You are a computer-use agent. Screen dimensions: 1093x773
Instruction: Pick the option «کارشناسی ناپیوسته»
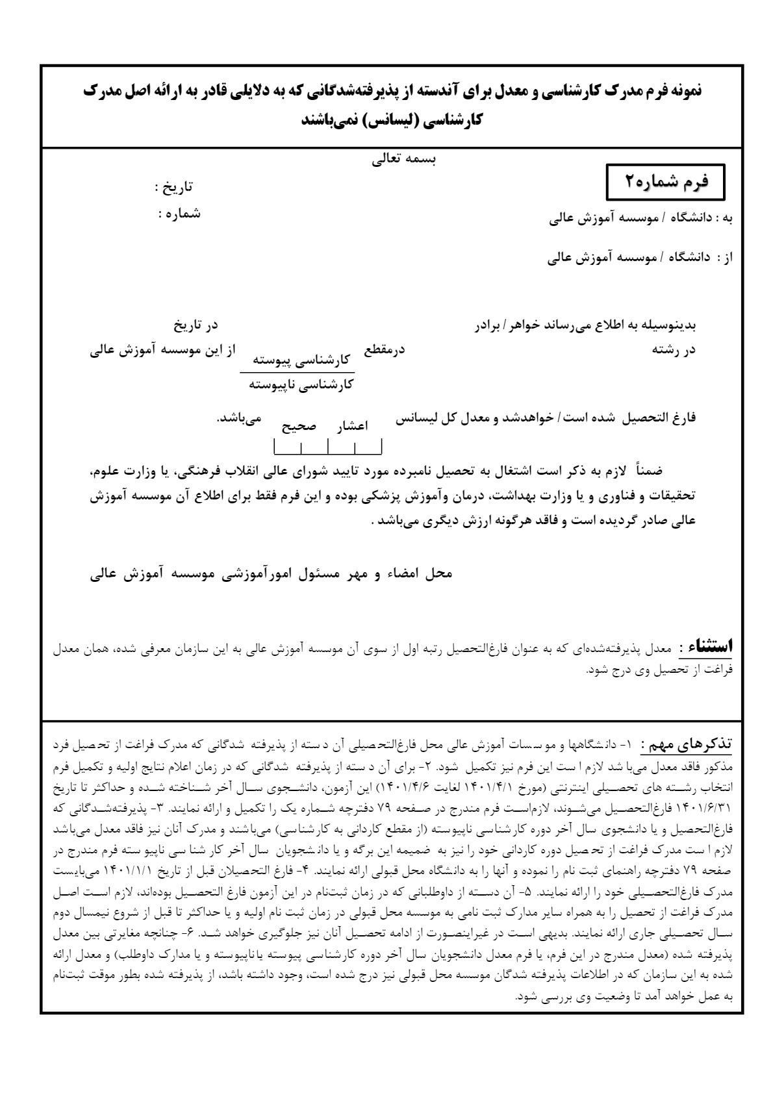(x=301, y=384)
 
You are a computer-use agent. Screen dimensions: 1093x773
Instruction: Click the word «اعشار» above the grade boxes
(x=351, y=426)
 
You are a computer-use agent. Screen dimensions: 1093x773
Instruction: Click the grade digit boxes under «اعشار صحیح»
(x=328, y=447)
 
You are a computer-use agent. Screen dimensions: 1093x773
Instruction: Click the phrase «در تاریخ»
(x=194, y=324)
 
